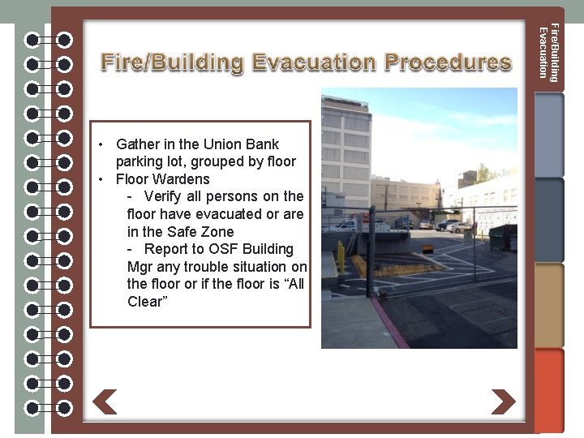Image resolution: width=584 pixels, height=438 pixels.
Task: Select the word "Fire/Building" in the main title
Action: coord(172,62)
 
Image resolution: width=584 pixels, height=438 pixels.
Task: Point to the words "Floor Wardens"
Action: coord(163,179)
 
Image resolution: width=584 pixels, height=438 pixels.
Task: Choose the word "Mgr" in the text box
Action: coord(140,267)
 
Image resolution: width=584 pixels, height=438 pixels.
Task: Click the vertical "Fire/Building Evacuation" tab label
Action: coord(548,53)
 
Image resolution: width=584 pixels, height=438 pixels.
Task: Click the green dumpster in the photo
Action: coord(504,236)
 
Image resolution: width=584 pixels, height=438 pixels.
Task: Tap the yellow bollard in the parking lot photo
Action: coord(341,256)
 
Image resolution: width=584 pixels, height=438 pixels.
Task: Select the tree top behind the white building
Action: coord(483,172)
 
